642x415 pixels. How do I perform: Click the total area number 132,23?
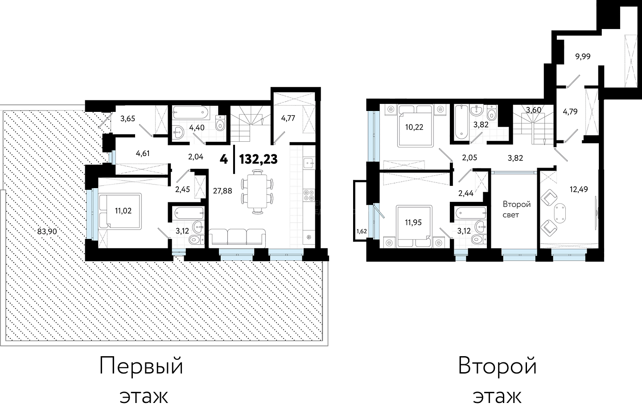coord(258,159)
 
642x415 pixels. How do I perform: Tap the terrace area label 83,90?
coord(47,231)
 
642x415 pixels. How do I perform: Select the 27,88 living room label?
coord(222,191)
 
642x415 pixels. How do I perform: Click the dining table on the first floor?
coord(257,191)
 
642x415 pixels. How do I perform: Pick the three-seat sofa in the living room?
coord(237,238)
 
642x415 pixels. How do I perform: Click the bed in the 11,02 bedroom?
coord(120,211)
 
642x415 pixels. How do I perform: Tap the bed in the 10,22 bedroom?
coord(415,126)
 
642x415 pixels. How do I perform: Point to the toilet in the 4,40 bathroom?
coord(220,123)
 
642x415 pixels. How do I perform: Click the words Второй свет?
coord(517,209)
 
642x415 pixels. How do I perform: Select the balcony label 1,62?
coord(362,231)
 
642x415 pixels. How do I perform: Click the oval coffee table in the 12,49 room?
coord(560,213)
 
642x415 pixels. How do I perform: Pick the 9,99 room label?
coord(583,57)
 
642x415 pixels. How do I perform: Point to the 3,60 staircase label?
coord(534,110)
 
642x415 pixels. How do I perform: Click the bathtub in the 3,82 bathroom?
coord(461,122)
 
